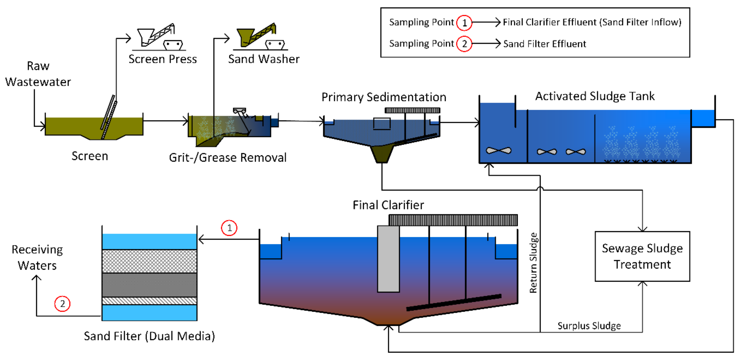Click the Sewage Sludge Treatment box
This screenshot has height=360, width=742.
pos(642,256)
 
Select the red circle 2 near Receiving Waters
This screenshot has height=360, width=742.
pos(62,304)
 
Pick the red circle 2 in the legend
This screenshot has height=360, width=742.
pos(464,44)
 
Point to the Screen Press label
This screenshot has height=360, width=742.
pos(162,59)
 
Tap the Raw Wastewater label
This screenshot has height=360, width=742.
pos(38,74)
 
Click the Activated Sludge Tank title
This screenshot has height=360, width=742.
pos(595,96)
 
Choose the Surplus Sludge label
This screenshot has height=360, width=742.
pos(589,326)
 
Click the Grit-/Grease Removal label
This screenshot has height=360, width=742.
pos(228,158)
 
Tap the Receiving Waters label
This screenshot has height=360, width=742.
pos(37,257)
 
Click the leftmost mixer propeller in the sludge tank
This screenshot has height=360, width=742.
pos(498,151)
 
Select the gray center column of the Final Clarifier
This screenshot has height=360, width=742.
pos(388,259)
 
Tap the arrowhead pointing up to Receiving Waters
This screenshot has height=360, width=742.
pos(36,277)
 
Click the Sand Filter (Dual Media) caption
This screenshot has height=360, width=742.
pos(149,336)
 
